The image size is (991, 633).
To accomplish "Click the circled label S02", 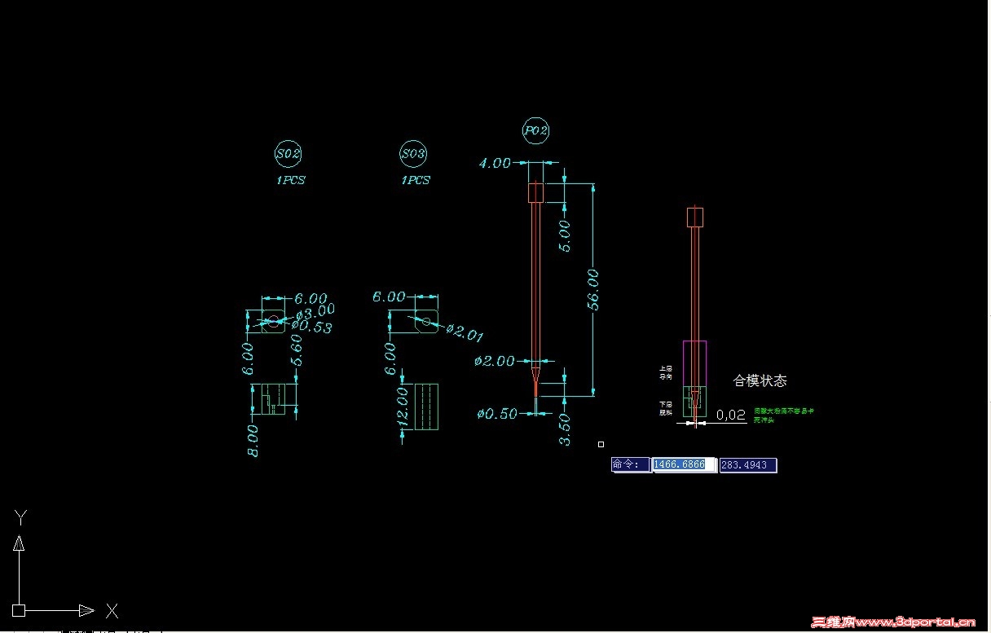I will click(x=289, y=153).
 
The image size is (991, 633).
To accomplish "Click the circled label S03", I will click(x=414, y=153).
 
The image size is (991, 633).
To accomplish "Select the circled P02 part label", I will click(x=535, y=130).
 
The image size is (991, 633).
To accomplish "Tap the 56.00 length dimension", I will click(x=593, y=289).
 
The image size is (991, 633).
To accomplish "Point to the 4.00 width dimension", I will click(x=495, y=163).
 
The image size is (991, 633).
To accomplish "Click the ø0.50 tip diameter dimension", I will click(x=497, y=414).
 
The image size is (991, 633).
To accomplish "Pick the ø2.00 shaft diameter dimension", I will click(x=494, y=361).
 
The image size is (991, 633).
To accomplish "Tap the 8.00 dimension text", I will click(x=253, y=440).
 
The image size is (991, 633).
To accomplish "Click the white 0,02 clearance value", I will click(x=731, y=415).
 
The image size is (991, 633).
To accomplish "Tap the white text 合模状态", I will click(x=760, y=380).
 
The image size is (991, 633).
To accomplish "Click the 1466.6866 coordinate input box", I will click(x=683, y=464).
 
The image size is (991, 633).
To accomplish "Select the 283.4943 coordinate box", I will click(x=747, y=465).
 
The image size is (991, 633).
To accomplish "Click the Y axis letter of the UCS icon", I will click(x=22, y=516).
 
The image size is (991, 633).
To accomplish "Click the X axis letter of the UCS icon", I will click(x=112, y=610).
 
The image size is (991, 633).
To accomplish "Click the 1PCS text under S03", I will click(x=415, y=180).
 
